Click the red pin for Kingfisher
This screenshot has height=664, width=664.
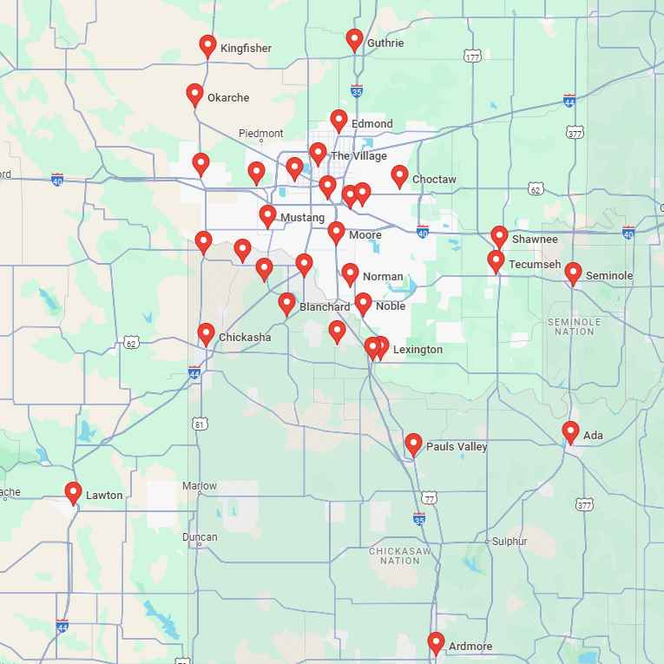207,45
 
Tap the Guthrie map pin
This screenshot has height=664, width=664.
354,39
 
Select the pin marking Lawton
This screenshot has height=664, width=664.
73,492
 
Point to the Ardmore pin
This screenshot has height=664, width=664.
436,643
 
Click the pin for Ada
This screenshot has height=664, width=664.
570,431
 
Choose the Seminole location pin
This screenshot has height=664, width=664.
573,273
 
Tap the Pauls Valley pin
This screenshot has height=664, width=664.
414,444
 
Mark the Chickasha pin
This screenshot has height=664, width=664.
206,333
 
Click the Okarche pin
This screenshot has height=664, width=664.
194,95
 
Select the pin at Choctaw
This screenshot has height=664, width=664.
399,176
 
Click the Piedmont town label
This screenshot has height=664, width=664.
260,134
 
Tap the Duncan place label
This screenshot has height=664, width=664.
200,537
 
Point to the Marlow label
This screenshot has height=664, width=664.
200,486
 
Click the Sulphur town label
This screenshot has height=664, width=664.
510,542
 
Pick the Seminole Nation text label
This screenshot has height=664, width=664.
575,326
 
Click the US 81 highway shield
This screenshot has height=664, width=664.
201,424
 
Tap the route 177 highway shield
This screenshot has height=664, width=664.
472,56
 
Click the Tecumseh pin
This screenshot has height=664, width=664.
496,260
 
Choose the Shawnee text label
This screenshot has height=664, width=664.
535,239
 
